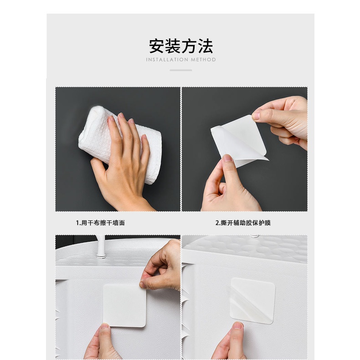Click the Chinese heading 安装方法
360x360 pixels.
click(181, 46)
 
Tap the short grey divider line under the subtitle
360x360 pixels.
click(181, 70)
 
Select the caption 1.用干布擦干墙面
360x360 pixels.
click(100, 223)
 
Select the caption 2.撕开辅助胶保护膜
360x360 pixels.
click(243, 223)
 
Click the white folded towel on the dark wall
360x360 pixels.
click(119, 144)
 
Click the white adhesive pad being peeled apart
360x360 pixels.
click(239, 140)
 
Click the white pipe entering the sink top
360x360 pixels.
click(101, 247)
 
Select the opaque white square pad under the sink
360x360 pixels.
click(124, 306)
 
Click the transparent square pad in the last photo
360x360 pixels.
click(252, 301)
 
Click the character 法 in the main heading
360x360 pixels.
click(206, 46)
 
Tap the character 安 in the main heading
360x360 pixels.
click(157, 46)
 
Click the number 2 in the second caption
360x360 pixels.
click(217, 223)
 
